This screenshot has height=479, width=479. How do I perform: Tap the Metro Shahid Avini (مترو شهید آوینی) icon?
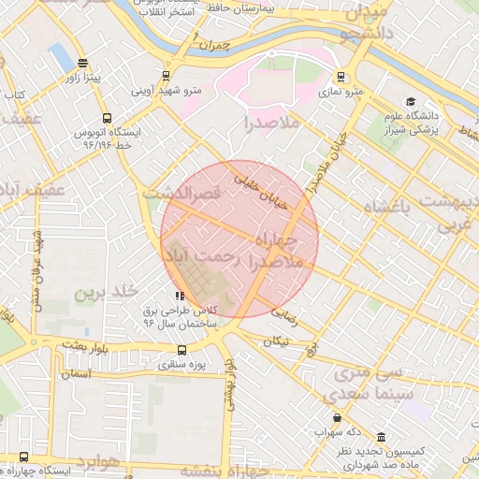tap(167, 76)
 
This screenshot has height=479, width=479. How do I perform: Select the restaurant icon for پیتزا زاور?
tap(83, 65)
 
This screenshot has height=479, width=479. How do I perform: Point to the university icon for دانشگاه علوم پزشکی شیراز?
tap(410, 101)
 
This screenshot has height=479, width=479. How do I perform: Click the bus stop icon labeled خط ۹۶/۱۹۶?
tap(106, 119)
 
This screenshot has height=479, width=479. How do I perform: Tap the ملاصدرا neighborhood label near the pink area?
tap(272, 123)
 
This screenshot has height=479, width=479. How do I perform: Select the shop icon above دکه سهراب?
tap(337, 417)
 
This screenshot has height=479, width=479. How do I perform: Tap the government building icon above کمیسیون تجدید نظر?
tap(381, 437)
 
